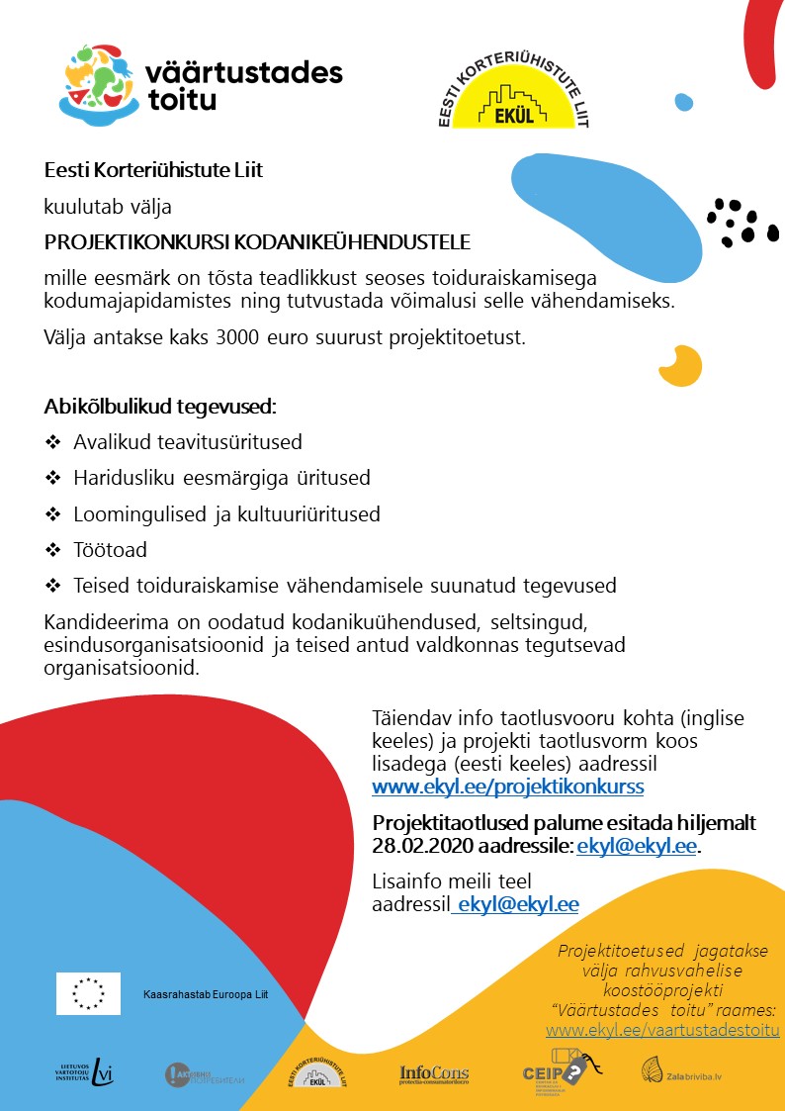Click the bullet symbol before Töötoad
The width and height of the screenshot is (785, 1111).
tap(52, 549)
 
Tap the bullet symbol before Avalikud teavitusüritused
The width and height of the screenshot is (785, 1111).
tap(52, 441)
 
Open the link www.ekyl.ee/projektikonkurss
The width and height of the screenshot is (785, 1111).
tap(507, 787)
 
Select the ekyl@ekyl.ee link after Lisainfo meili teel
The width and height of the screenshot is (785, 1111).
tap(517, 904)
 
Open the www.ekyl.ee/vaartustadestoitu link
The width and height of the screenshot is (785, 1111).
tap(662, 1031)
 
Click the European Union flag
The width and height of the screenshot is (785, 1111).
tap(88, 993)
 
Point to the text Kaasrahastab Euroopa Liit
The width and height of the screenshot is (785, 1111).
tap(206, 993)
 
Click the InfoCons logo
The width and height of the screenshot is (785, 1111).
tap(434, 1074)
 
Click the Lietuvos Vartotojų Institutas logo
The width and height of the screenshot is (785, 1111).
tap(84, 1072)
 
